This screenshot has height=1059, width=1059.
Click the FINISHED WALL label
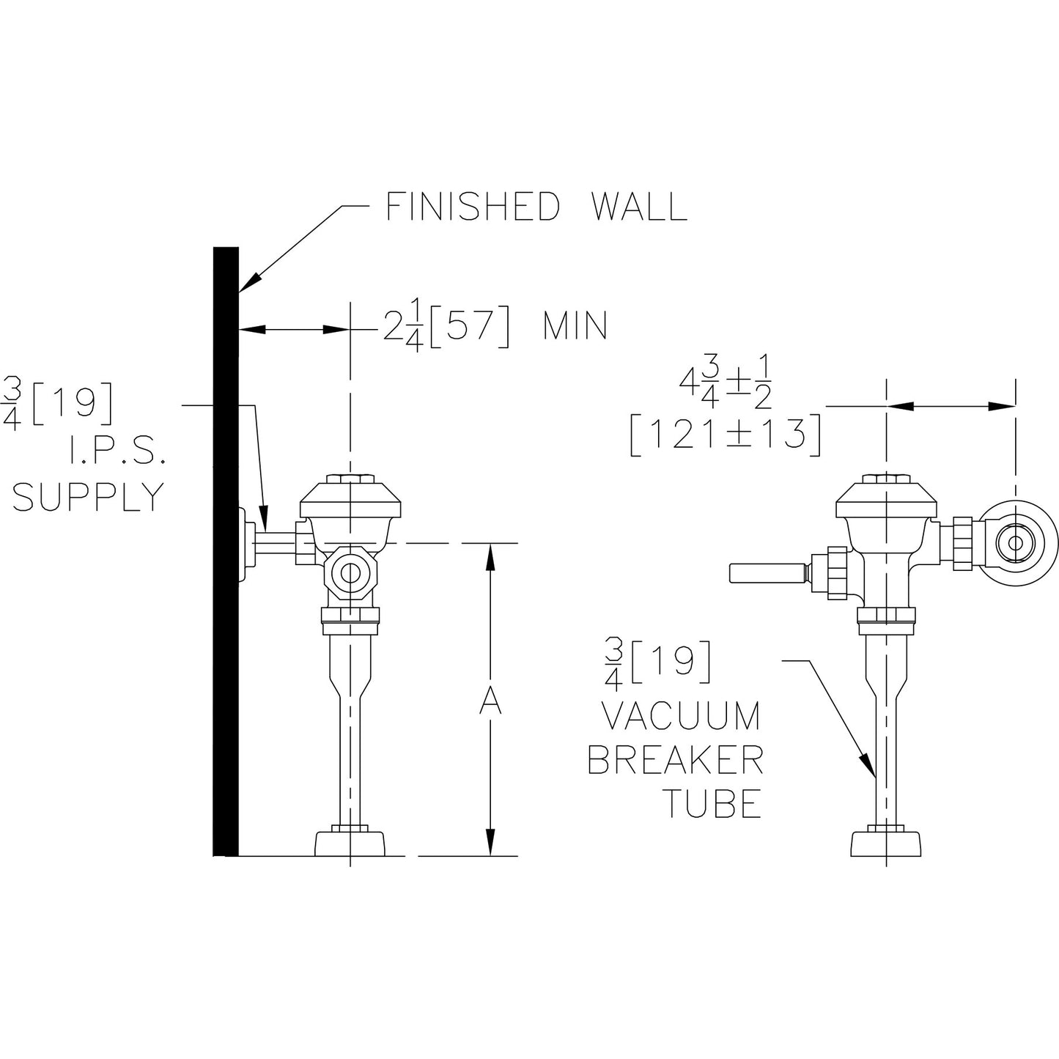(536, 207)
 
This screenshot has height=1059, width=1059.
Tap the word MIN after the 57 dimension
(575, 326)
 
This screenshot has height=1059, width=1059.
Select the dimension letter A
(490, 701)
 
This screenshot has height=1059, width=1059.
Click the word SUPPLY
(88, 498)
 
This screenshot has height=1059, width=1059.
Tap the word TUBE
(712, 803)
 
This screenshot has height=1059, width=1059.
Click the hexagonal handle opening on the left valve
(352, 573)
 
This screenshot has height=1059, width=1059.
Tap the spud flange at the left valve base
(351, 843)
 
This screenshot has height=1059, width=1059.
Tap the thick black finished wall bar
(226, 550)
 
